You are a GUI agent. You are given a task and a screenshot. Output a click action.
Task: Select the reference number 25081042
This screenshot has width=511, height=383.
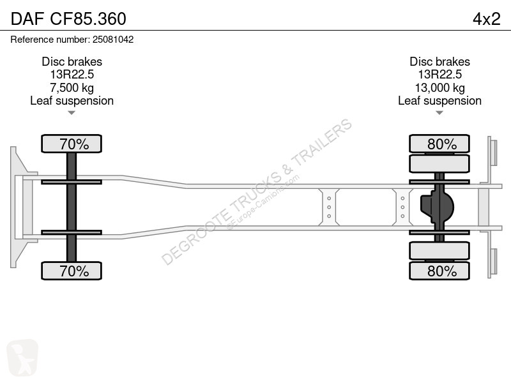coord(72,40)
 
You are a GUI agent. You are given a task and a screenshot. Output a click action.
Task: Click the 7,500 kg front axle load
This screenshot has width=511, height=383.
coord(72,87)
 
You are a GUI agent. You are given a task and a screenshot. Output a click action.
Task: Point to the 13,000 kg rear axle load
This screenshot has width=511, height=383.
coord(439,87)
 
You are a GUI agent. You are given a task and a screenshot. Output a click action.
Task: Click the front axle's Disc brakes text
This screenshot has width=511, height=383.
coord(72,62)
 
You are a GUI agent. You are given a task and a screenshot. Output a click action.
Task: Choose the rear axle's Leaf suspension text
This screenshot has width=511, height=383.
coord(439,101)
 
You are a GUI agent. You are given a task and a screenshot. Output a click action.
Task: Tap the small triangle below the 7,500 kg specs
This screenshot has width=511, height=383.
coord(72,113)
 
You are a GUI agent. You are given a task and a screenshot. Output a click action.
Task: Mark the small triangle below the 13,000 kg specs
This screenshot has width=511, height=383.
coord(439,113)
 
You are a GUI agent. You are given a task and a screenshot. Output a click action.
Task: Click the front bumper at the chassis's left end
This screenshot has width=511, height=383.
coord(15,207)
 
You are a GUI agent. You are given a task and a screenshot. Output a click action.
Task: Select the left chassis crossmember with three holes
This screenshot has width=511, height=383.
coord(329,207)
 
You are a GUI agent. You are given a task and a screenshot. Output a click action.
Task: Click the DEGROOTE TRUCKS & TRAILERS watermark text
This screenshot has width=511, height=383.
coord(256,191)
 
